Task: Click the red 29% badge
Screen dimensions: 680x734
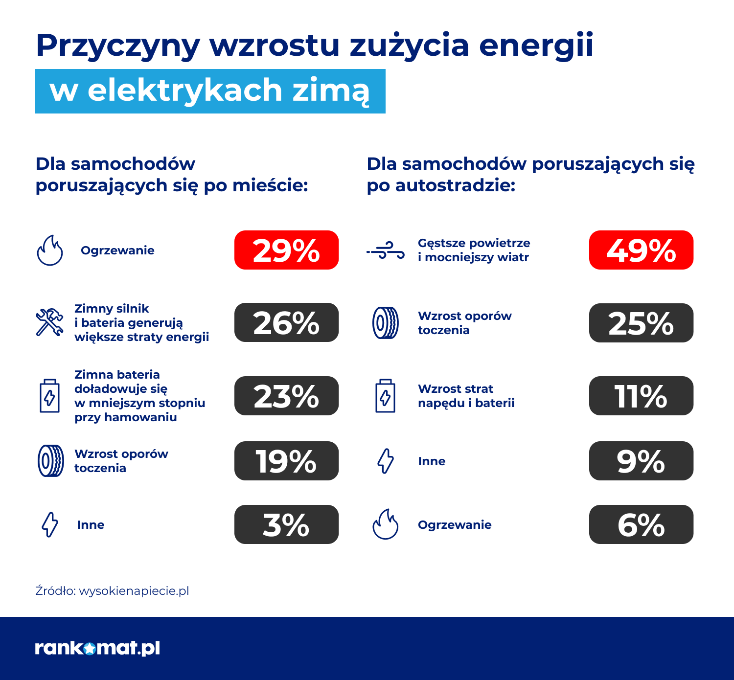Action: pyautogui.click(x=286, y=250)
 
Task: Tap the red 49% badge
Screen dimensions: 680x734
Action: pyautogui.click(x=641, y=250)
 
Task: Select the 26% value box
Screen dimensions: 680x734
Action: pyautogui.click(x=286, y=322)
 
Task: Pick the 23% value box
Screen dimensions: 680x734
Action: pyautogui.click(x=286, y=396)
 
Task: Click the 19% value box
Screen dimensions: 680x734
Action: pyautogui.click(x=286, y=461)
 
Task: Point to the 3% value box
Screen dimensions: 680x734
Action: pyautogui.click(x=286, y=524)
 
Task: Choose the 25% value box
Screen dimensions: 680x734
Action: pyautogui.click(x=641, y=323)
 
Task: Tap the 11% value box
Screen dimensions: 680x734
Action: pyautogui.click(x=641, y=396)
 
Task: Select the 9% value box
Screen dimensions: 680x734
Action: pyautogui.click(x=641, y=461)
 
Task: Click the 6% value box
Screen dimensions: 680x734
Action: pyautogui.click(x=641, y=524)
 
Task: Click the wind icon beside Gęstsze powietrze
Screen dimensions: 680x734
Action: pyautogui.click(x=386, y=250)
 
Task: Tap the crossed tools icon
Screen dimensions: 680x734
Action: pyautogui.click(x=49, y=322)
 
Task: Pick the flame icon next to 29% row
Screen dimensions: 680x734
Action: pyautogui.click(x=50, y=250)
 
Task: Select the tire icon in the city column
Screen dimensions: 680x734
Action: pyautogui.click(x=50, y=461)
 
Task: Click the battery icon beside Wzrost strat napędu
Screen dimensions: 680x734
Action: pyautogui.click(x=385, y=396)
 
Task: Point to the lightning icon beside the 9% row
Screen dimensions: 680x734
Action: pyautogui.click(x=386, y=461)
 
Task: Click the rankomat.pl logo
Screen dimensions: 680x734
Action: pyautogui.click(x=97, y=648)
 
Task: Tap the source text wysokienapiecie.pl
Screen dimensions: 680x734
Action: pyautogui.click(x=134, y=591)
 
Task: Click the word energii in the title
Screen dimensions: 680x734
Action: pyautogui.click(x=536, y=45)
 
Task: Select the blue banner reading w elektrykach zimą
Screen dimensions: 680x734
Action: pyautogui.click(x=210, y=91)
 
